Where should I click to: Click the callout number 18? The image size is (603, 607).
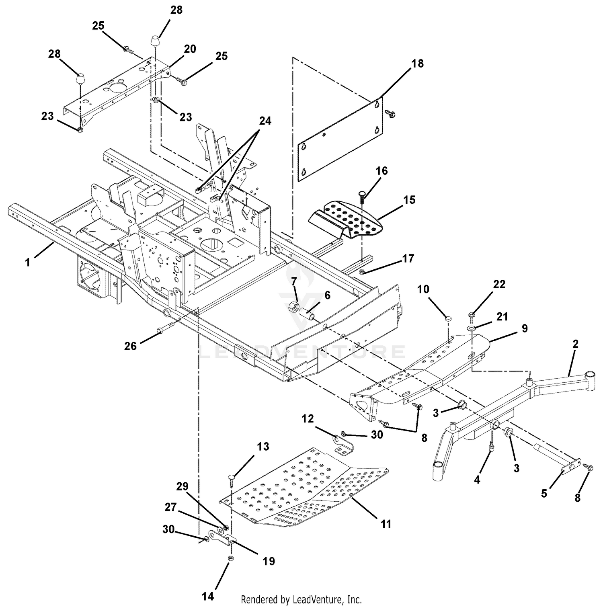tap(418, 64)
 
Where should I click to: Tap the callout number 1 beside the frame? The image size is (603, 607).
tap(27, 262)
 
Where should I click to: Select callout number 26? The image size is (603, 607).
tap(130, 346)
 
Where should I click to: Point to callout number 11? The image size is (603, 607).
tap(386, 524)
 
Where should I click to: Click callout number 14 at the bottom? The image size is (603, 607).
tap(208, 596)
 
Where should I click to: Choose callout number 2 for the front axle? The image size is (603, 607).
tap(576, 344)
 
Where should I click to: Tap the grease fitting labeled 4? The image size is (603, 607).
tap(491, 446)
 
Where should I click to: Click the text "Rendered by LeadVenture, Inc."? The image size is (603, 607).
tap(301, 600)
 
